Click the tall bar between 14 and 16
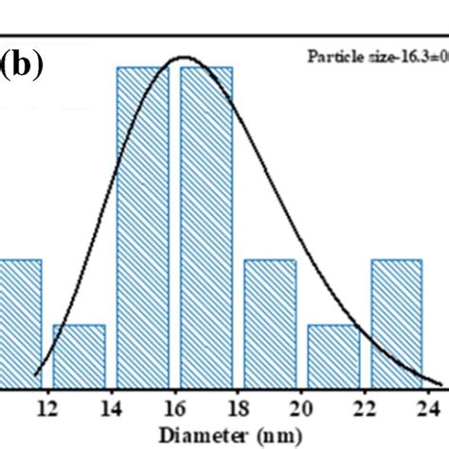click(143, 227)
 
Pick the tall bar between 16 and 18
click(207, 227)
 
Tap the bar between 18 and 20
click(271, 322)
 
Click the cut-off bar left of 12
click(20, 322)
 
